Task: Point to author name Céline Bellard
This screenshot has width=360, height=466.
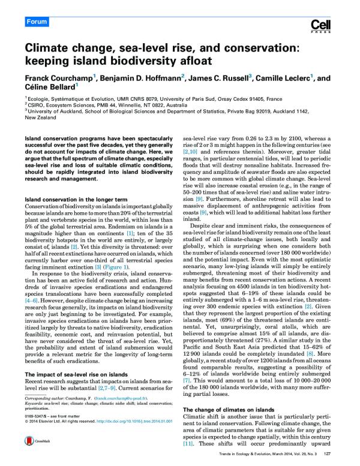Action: pos(45,89)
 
